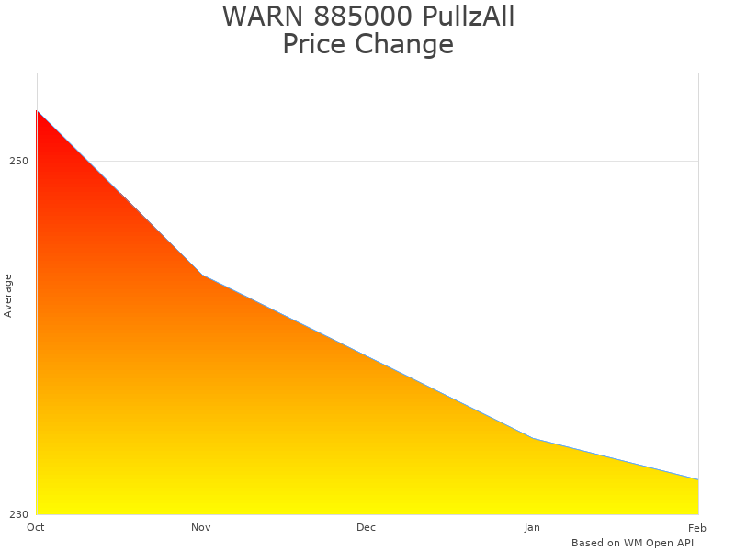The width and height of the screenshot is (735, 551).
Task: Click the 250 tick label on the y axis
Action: [x=19, y=162]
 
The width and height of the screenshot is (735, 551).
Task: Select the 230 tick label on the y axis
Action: [x=19, y=514]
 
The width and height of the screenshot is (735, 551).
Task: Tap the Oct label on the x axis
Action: [x=36, y=527]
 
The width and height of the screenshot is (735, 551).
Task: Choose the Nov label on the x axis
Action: [x=201, y=527]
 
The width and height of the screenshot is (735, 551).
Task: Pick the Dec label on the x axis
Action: [x=367, y=527]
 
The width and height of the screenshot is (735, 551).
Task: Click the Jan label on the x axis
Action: [x=532, y=527]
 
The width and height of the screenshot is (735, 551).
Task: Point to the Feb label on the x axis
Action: [x=697, y=527]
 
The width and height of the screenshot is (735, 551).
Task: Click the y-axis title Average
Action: [x=8, y=296]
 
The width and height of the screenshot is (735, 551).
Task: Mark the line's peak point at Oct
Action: [x=37, y=111]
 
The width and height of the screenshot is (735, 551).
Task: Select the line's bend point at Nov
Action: [x=202, y=275]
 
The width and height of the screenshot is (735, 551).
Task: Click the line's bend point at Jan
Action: [x=533, y=438]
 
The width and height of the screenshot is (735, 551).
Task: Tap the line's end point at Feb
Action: [x=698, y=479]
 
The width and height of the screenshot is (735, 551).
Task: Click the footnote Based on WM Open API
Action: [x=632, y=543]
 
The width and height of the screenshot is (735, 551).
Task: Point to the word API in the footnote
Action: [x=684, y=543]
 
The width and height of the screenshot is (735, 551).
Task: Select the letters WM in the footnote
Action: [x=633, y=543]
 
